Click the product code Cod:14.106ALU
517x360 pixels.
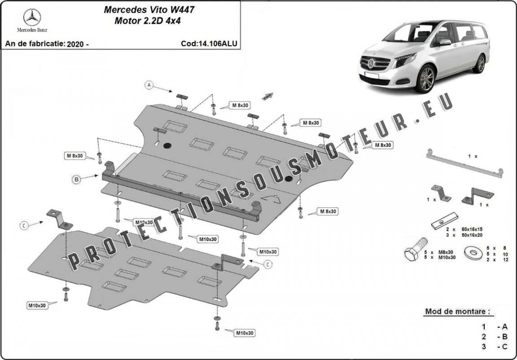[209, 44]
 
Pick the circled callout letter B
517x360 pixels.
[77, 179]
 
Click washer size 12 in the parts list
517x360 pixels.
[505, 260]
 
